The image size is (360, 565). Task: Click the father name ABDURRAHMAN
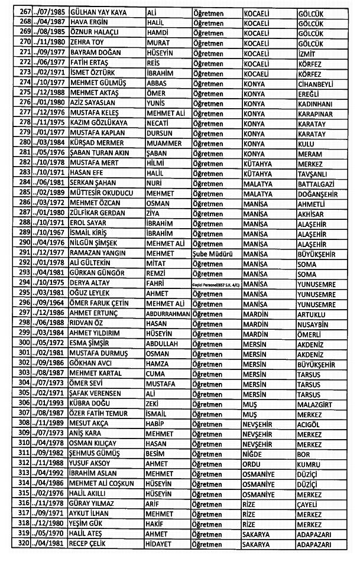168,313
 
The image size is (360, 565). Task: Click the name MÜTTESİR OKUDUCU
102,193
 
